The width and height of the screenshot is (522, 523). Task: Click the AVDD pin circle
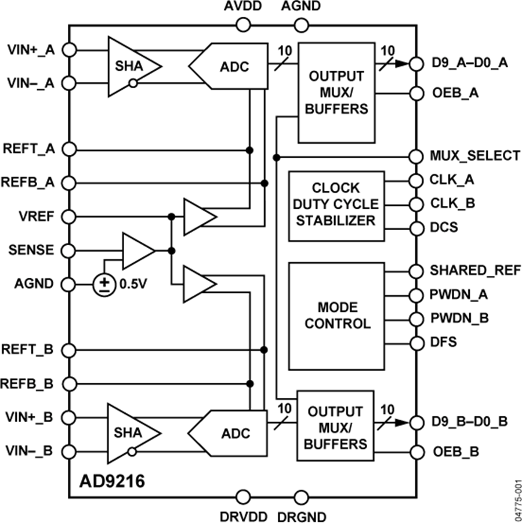243,25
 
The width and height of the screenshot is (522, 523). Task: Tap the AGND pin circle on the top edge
300,25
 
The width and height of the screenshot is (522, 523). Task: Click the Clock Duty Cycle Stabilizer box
336,206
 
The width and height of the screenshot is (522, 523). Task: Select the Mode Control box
336,315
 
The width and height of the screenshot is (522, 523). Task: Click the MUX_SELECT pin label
474,155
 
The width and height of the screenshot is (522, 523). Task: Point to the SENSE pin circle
69,250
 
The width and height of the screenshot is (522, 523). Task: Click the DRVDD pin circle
243,497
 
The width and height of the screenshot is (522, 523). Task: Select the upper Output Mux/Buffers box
336,93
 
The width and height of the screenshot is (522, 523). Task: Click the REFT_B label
28,350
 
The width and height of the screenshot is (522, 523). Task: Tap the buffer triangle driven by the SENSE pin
137,250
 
